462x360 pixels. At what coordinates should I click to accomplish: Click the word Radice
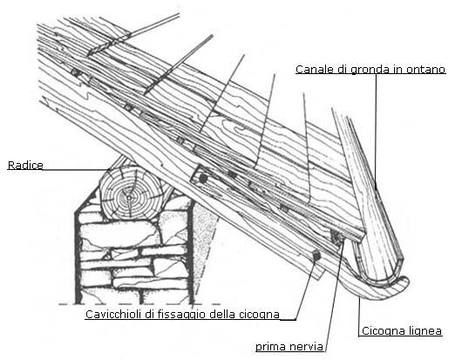(x=25, y=165)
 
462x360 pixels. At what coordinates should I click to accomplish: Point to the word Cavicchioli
(x=113, y=315)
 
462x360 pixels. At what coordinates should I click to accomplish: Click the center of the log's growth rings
(x=129, y=197)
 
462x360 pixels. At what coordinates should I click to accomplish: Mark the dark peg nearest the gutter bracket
(x=316, y=255)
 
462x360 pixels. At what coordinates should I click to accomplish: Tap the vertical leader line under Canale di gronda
(x=376, y=131)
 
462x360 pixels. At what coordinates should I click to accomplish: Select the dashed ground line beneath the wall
(x=139, y=304)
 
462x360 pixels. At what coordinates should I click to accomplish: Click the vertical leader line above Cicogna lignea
(x=359, y=316)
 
